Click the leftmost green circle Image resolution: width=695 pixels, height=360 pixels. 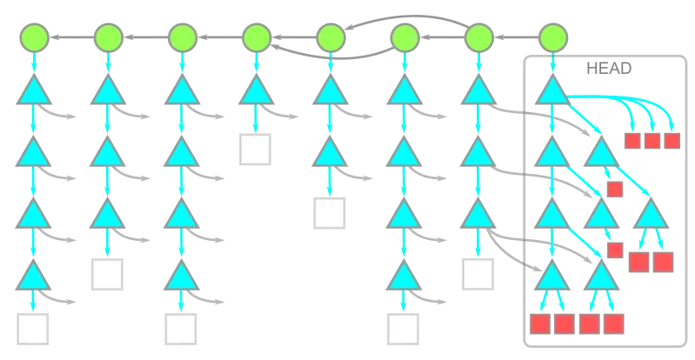tap(33, 37)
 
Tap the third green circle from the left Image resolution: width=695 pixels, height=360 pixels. tap(182, 37)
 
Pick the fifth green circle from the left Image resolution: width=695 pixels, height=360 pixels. tap(331, 37)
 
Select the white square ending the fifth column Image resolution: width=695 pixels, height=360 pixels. tap(331, 211)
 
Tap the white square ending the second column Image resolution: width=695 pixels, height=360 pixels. tap(107, 274)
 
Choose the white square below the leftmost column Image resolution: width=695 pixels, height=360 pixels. tap(33, 330)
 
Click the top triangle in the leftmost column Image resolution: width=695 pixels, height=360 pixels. tap(33, 92)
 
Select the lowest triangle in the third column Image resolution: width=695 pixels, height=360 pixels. tap(182, 278)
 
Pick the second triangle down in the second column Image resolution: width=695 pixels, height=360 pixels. tap(107, 154)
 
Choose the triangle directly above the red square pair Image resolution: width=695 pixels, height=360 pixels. tap(652, 217)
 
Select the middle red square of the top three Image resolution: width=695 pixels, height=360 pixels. tap(652, 141)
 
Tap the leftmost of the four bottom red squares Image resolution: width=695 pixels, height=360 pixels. tap(540, 325)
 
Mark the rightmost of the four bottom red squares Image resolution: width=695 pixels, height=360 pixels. tap(614, 325)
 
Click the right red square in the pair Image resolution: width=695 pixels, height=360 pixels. tap(664, 260)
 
